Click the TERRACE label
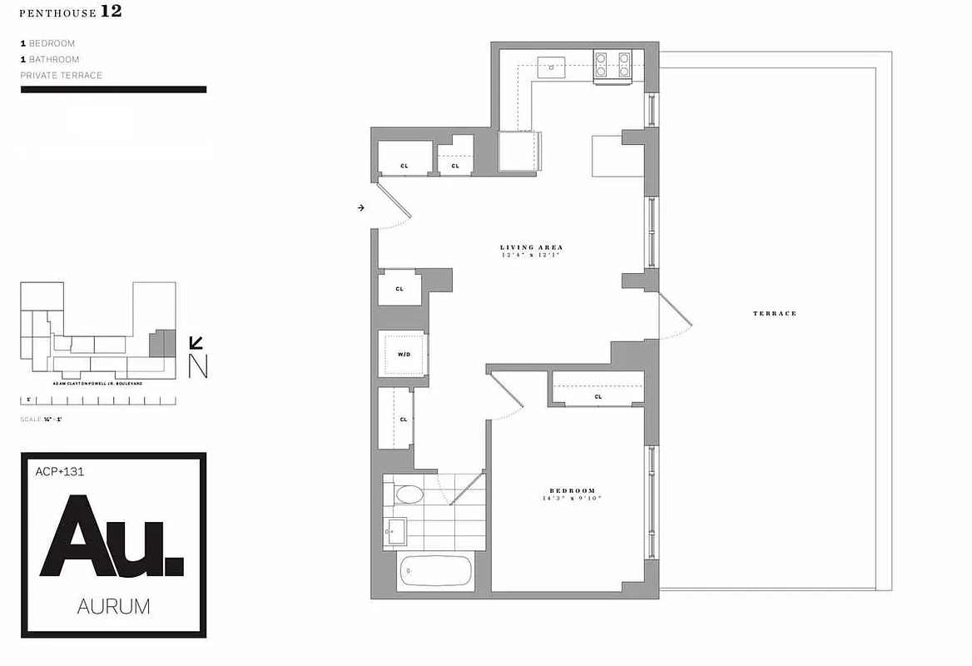coord(775,313)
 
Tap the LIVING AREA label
coord(531,247)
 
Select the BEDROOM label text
coord(570,490)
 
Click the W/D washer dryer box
coord(404,355)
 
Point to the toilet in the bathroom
coord(409,495)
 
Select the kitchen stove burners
coord(612,65)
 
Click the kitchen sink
coord(551,66)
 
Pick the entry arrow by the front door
coord(360,207)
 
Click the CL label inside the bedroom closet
coord(598,397)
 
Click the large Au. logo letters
coord(112,536)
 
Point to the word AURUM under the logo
coord(113,607)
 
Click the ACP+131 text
coord(60,471)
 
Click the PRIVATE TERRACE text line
coord(62,76)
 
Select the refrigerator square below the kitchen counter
coord(518,152)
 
